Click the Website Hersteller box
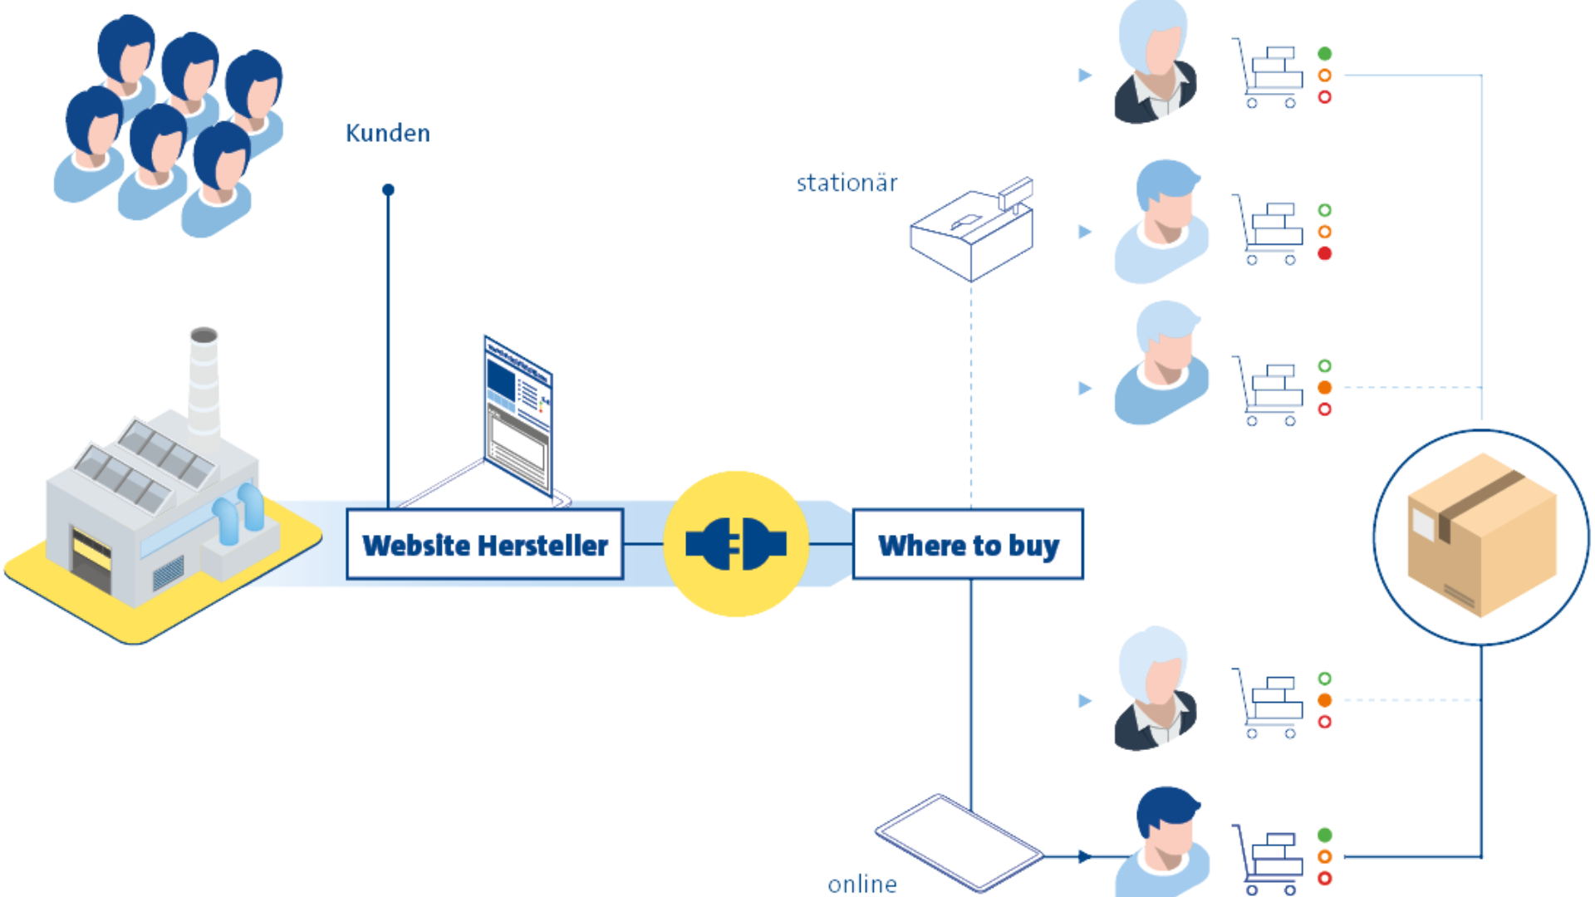pos(485,545)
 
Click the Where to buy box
pos(968,545)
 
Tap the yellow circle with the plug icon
pos(736,544)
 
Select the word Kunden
pos(387,133)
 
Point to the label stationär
pos(847,183)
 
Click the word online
pos(862,884)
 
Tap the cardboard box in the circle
pos(1480,536)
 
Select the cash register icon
pos(972,228)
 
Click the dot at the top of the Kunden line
pos(388,190)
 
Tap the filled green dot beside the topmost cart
pos(1325,54)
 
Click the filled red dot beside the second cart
pos(1325,253)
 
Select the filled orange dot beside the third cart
pos(1325,388)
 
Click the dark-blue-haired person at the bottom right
pos(1163,839)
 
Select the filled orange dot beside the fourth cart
pos(1325,700)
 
